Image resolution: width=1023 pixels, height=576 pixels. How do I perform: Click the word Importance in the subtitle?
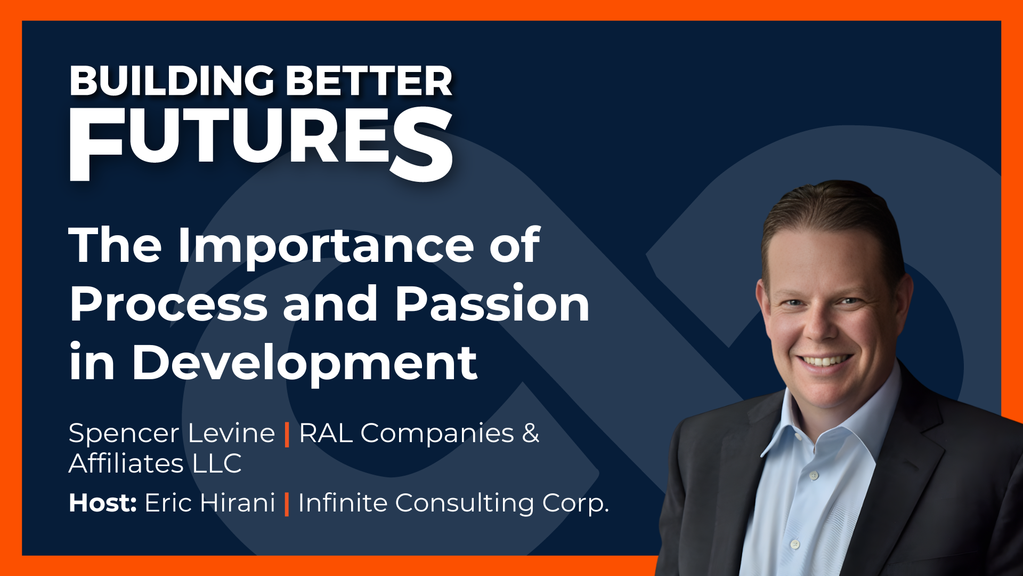click(325, 246)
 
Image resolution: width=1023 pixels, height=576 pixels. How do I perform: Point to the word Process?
click(168, 304)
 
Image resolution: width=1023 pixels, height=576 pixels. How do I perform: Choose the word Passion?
click(492, 304)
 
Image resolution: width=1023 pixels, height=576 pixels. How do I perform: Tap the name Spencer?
click(124, 434)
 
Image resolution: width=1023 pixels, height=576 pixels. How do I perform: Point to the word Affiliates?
click(126, 463)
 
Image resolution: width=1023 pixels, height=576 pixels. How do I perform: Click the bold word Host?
click(103, 502)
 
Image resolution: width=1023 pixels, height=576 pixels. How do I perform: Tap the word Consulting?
click(464, 503)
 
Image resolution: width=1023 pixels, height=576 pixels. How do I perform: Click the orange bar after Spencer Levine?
click(287, 434)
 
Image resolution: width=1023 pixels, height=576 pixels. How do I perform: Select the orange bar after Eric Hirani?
click(287, 503)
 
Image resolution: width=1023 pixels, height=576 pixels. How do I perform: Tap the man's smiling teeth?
click(825, 361)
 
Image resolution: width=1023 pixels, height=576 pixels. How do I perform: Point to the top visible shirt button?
click(814, 474)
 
